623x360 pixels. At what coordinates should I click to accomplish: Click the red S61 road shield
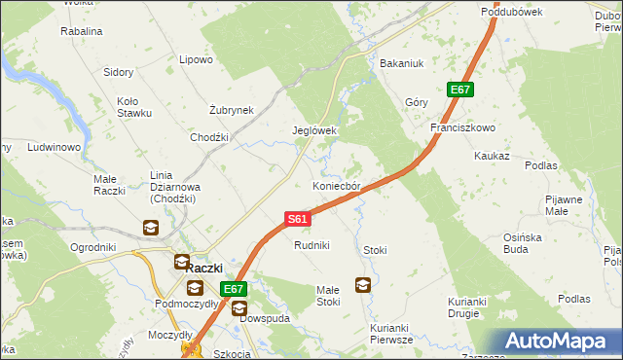click(x=298, y=220)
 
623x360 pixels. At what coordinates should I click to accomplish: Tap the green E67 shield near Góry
click(x=460, y=90)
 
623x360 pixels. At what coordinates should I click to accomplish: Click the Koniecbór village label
click(x=337, y=186)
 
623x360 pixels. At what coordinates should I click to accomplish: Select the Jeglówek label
click(x=314, y=130)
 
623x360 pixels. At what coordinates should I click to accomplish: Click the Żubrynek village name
click(x=232, y=110)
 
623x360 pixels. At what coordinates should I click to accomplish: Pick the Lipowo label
click(x=196, y=59)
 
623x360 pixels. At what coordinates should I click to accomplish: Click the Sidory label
click(x=119, y=73)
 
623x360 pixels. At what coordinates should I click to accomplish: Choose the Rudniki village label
click(x=312, y=246)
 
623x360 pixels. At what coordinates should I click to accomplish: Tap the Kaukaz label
click(x=492, y=156)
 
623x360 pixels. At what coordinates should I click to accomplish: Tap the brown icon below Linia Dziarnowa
click(x=151, y=229)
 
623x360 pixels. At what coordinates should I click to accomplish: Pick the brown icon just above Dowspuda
click(x=239, y=307)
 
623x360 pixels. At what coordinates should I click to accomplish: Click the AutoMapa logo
click(x=559, y=341)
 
